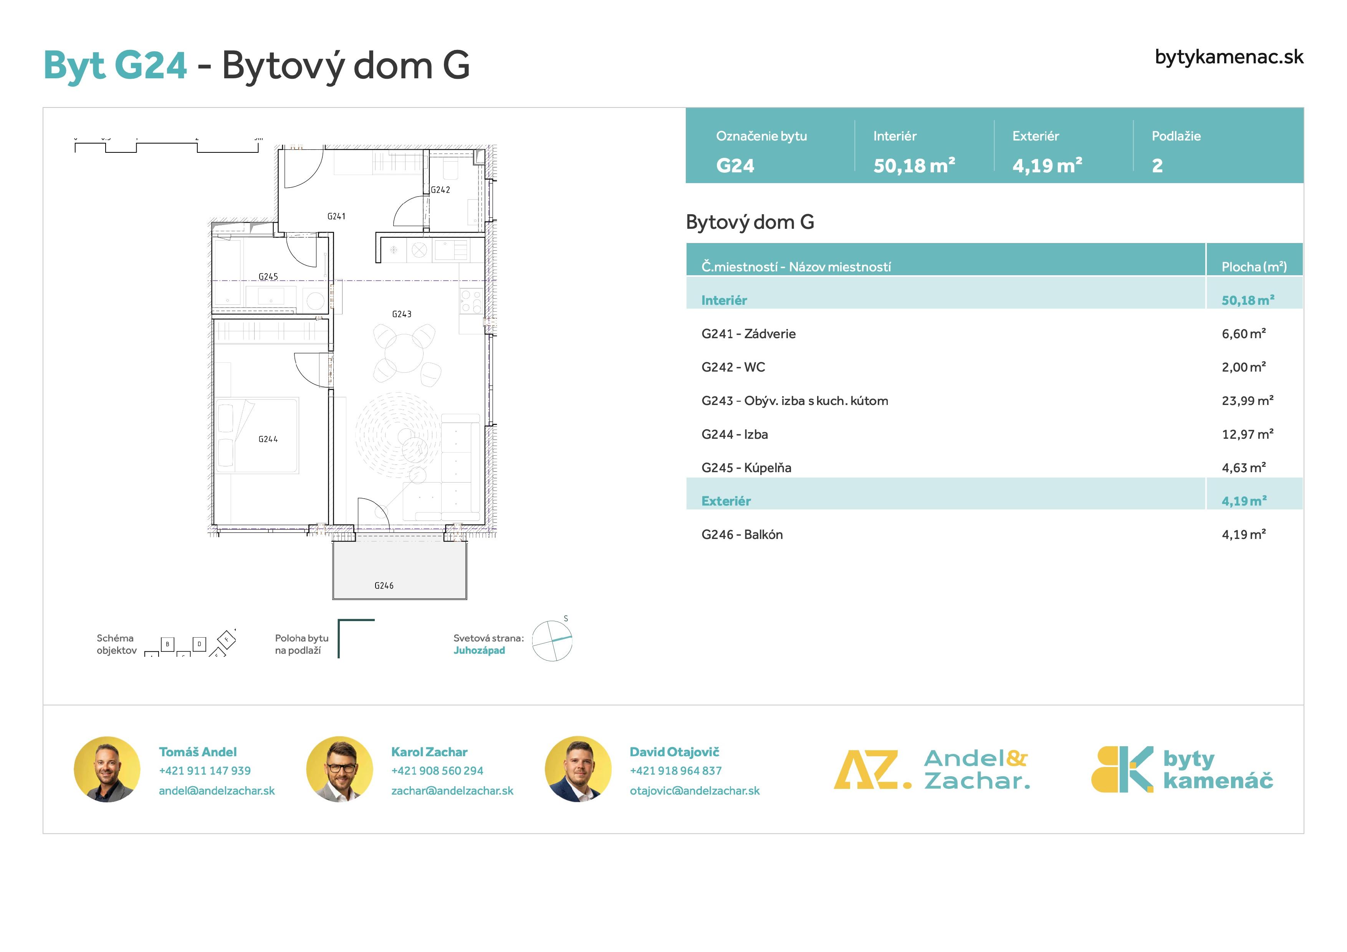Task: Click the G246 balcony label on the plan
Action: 384,585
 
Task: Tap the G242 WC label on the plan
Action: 440,190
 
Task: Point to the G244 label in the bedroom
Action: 268,439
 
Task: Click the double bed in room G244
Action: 257,435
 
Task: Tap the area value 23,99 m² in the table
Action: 1247,401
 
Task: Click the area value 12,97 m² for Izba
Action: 1247,434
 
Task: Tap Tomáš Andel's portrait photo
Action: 107,769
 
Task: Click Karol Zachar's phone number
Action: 437,771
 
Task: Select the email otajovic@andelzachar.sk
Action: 695,791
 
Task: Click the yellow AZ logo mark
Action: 872,770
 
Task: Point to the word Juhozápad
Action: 479,651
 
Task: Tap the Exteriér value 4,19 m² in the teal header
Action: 1047,165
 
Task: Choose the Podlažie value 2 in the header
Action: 1157,165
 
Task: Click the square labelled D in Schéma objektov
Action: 199,644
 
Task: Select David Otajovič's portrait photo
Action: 578,769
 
